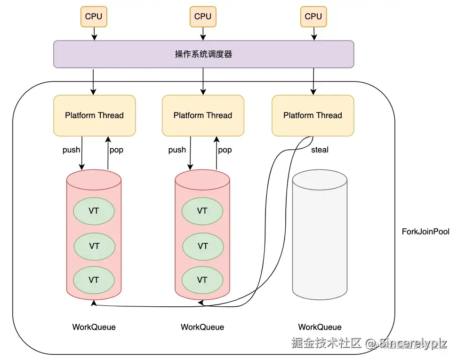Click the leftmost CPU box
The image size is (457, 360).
[x=94, y=16]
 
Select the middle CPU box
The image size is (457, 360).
[x=203, y=16]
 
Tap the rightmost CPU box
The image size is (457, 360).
[x=313, y=16]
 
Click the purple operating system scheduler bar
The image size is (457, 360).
[x=203, y=54]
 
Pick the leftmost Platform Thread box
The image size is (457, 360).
[x=94, y=115]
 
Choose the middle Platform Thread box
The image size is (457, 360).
[x=203, y=115]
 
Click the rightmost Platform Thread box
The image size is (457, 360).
[x=313, y=115]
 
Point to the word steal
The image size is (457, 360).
[x=320, y=150]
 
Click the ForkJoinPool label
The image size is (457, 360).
[x=425, y=232]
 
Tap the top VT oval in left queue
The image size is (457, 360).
[x=94, y=211]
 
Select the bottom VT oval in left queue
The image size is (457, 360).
[x=94, y=280]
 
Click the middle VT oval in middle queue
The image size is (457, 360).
[x=202, y=246]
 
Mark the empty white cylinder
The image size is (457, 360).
[x=320, y=235]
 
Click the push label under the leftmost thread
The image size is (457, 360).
[x=72, y=150]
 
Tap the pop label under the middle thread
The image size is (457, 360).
[x=225, y=150]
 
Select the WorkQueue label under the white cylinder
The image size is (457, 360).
[x=320, y=327]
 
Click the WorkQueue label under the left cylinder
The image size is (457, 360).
[x=94, y=327]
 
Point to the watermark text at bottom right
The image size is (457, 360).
[x=369, y=343]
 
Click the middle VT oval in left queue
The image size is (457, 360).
[x=94, y=246]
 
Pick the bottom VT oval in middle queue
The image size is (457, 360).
[x=202, y=280]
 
